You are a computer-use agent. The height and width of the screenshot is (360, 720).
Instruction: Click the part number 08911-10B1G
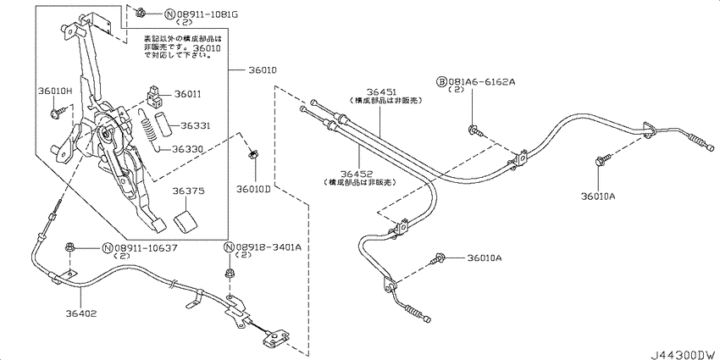pyautogui.click(x=185, y=14)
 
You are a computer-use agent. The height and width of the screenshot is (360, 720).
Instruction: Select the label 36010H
pyautogui.click(x=54, y=91)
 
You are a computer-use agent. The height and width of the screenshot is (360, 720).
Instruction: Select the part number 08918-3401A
pyautogui.click(x=269, y=247)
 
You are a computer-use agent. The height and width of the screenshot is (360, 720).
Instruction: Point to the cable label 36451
pyautogui.click(x=383, y=91)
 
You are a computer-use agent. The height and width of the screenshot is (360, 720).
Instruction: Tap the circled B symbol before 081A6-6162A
pyautogui.click(x=441, y=80)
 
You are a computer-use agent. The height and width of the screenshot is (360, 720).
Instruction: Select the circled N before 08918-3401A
pyautogui.click(x=229, y=247)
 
